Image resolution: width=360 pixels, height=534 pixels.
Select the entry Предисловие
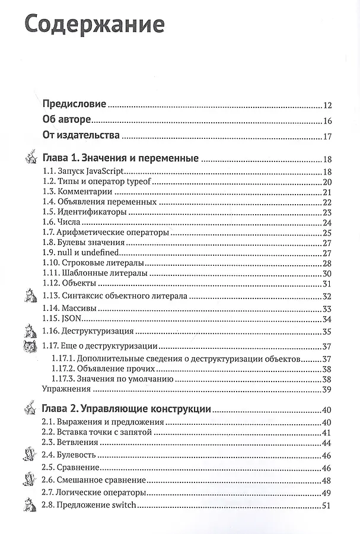tap(75, 104)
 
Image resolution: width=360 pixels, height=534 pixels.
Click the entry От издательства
tap(82, 136)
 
